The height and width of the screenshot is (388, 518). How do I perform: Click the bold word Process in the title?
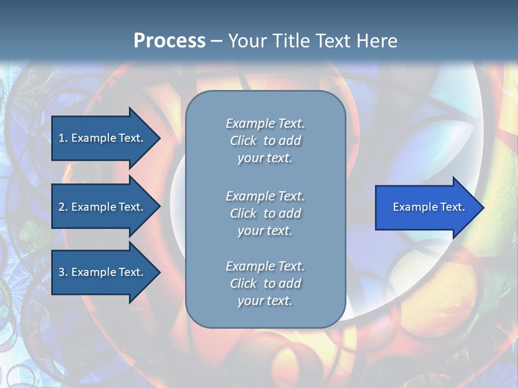point(169,41)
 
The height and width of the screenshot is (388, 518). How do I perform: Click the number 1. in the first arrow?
point(63,138)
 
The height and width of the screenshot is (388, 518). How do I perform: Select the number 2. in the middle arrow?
point(63,207)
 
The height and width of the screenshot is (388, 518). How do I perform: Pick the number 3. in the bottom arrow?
point(63,272)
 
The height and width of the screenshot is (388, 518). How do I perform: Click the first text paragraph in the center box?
point(265,141)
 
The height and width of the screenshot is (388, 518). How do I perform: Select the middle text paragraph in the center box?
point(265,213)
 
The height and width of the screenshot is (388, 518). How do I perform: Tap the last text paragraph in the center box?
point(265,283)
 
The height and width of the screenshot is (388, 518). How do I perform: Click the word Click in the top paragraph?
point(243,141)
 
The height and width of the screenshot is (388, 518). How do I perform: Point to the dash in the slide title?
point(216,41)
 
